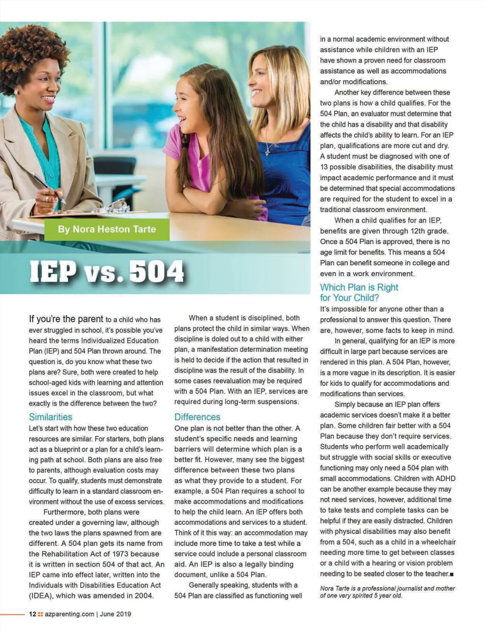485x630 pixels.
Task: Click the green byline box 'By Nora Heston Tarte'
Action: coord(107,229)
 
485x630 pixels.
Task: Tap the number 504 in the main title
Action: coord(156,271)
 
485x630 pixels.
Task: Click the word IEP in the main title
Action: coord(53,271)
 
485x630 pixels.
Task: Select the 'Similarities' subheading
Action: coord(51,417)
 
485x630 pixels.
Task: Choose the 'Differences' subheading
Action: coord(197,417)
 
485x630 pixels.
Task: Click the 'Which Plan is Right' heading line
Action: coord(359,287)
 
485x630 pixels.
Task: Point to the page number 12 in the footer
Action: coord(32,614)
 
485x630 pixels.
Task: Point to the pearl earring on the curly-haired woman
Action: coord(16,92)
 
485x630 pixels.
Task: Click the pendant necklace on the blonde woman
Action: coord(268,152)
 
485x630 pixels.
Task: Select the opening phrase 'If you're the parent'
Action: coord(66,319)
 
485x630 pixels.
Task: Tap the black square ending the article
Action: coord(452,574)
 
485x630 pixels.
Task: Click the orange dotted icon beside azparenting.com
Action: coord(40,614)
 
